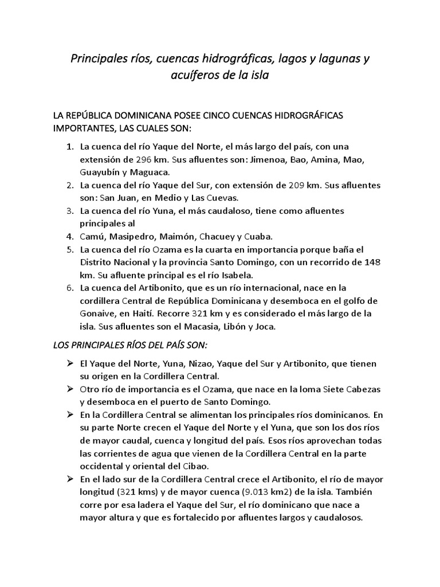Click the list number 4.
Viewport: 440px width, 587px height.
[69, 236]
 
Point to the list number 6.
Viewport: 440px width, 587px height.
[69, 288]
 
